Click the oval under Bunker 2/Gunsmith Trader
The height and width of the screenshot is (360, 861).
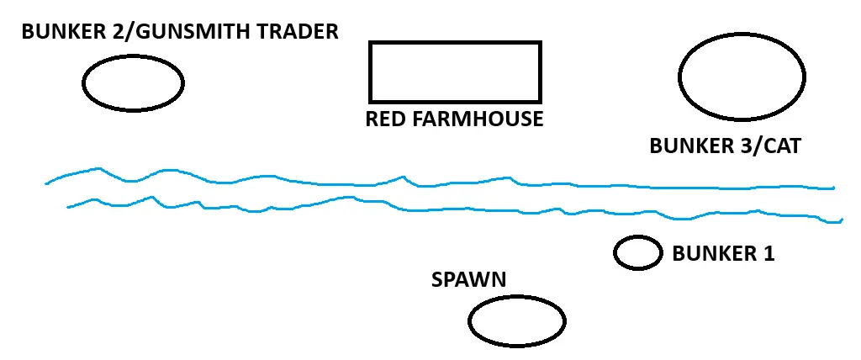point(133,82)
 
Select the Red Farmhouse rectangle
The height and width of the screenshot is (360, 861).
point(455,71)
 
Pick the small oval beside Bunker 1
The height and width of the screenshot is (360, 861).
point(637,253)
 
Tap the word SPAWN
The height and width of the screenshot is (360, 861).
point(469,280)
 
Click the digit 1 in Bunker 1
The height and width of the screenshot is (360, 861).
point(767,253)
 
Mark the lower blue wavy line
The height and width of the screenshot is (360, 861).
point(420,208)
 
